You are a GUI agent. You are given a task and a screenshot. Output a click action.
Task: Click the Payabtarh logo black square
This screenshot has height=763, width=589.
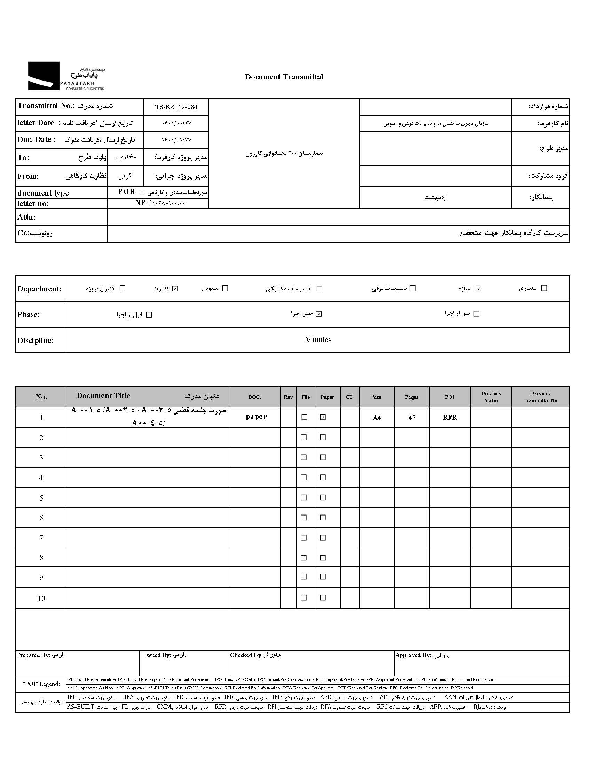(x=44, y=76)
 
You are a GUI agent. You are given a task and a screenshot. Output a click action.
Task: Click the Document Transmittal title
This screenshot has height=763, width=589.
(x=284, y=77)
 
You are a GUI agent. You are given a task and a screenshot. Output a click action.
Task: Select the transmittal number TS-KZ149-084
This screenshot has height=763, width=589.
(x=176, y=107)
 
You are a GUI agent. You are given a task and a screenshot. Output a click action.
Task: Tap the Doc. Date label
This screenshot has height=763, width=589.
(x=37, y=139)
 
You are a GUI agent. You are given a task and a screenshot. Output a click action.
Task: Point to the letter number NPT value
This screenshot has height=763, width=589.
(x=160, y=203)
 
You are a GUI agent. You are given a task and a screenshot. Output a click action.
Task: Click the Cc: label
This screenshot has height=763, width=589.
(x=23, y=233)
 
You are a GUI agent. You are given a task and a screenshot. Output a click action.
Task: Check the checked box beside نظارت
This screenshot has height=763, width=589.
(x=175, y=289)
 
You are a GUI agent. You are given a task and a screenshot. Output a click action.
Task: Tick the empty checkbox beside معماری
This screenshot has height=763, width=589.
(x=544, y=288)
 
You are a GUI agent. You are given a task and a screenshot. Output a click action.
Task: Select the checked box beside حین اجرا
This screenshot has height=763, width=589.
(x=319, y=314)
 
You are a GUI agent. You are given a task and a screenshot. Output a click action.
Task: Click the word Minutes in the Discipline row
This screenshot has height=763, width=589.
(x=318, y=340)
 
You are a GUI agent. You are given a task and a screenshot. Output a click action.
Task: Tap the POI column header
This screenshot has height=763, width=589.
(x=449, y=397)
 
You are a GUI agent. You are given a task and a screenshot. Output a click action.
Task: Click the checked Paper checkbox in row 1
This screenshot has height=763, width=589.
(x=323, y=417)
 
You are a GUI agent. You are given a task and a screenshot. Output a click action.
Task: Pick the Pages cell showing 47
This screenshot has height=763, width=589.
(x=412, y=418)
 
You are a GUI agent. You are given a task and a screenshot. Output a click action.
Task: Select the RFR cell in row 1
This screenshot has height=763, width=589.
(x=450, y=418)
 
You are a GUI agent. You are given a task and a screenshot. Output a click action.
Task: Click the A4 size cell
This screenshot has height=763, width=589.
(x=377, y=418)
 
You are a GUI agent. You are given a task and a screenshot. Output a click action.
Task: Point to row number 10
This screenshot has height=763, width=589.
(x=41, y=598)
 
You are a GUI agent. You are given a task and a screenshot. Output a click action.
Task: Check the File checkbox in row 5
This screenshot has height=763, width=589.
(x=304, y=497)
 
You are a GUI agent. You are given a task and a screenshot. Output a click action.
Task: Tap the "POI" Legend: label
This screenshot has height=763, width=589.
(x=41, y=684)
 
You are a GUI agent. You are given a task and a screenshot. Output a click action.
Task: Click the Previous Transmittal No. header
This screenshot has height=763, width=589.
(x=541, y=397)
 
